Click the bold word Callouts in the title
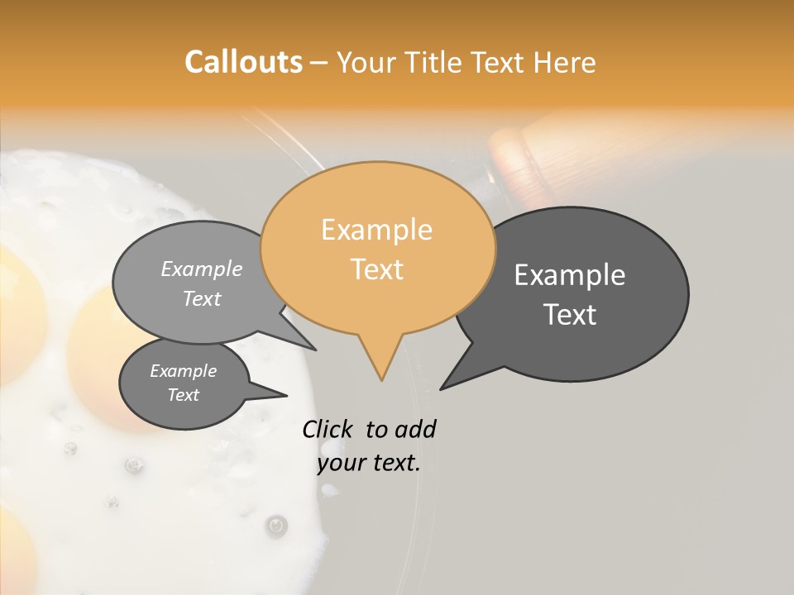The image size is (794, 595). [x=243, y=62]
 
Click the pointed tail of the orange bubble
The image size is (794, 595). [x=380, y=364]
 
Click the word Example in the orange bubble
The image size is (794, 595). [x=377, y=230]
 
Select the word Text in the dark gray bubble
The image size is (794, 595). [x=571, y=315]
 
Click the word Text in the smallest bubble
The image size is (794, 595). [x=184, y=395]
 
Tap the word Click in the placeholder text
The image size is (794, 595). [x=328, y=429]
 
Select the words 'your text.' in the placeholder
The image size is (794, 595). [x=369, y=463]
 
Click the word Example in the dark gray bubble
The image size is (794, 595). [x=570, y=275]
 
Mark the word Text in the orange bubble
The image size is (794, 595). [x=377, y=269]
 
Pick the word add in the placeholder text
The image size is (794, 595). [x=416, y=429]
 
